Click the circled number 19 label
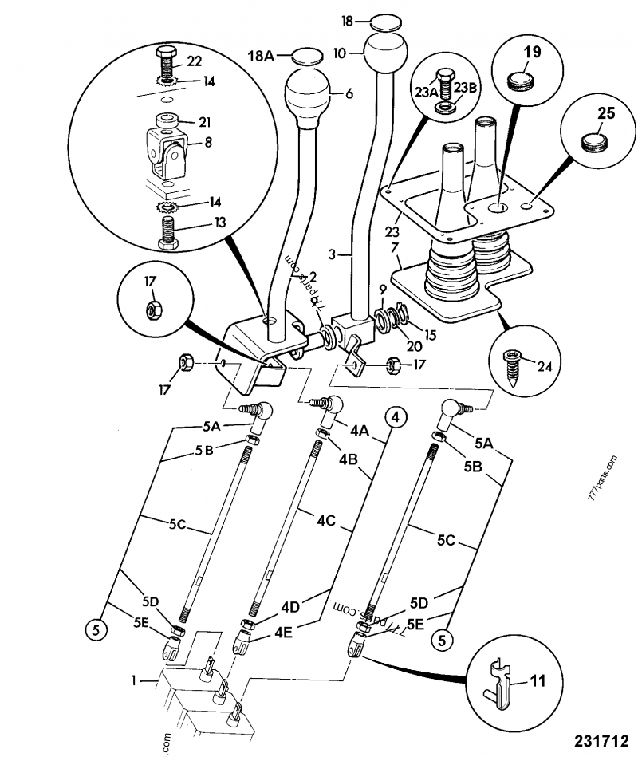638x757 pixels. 530,53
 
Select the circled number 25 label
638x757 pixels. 606,113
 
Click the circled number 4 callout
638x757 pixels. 394,416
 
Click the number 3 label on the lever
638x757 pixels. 340,256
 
